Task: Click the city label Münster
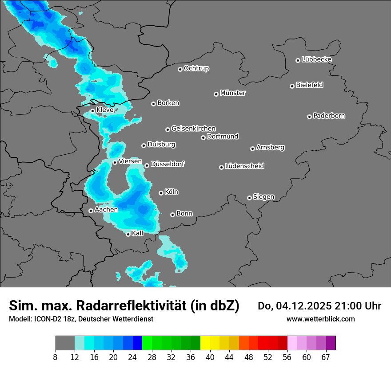[233, 93]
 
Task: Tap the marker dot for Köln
[161, 193]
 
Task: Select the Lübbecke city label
[316, 59]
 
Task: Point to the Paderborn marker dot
[309, 117]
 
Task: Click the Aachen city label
[106, 210]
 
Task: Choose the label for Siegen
[263, 197]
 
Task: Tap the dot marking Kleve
[92, 111]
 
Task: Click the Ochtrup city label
[196, 68]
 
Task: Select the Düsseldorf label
[168, 164]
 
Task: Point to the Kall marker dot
[128, 234]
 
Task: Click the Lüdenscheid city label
[244, 166]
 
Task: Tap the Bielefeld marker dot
[292, 86]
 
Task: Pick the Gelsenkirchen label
[193, 129]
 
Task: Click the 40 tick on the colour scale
[210, 357]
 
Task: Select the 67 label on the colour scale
[326, 357]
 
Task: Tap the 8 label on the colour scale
[56, 357]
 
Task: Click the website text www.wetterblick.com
[320, 319]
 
